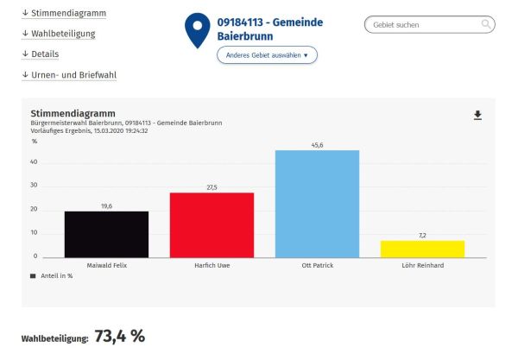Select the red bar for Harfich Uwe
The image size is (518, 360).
pos(212,224)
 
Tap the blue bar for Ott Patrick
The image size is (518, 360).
pos(317,203)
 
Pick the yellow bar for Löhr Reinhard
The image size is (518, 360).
pos(422,249)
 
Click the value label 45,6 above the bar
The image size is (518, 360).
pos(317,145)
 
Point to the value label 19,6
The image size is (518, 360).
pos(106,206)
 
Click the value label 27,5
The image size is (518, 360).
pos(212,187)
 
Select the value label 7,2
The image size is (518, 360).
pos(422,236)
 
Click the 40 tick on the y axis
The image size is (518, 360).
pos(35,161)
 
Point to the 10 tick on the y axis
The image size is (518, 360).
pos(35,233)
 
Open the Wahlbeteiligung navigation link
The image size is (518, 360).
pos(58,34)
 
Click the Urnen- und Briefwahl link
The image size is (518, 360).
pos(69,75)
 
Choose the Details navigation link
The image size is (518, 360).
pos(40,54)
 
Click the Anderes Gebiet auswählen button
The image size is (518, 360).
pos(267,55)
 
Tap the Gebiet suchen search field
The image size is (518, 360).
pos(423,25)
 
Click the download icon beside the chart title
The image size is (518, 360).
pos(477,115)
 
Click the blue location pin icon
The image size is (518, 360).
pos(198,29)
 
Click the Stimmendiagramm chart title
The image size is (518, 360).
pos(73,114)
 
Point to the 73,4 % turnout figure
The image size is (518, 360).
pos(119,336)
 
